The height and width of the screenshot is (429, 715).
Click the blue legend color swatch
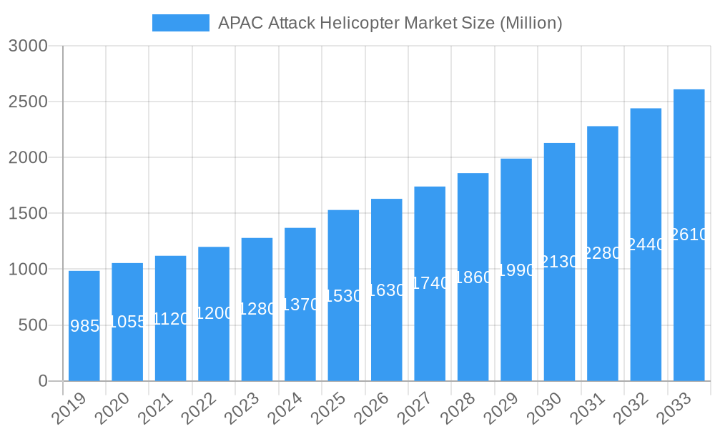(x=180, y=23)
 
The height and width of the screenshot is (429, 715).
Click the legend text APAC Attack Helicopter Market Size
(x=390, y=23)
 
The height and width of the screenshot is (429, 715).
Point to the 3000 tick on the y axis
(x=28, y=46)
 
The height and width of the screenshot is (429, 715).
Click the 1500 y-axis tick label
(x=28, y=213)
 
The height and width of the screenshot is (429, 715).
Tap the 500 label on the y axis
(x=33, y=325)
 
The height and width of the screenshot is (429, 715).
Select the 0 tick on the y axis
(x=43, y=381)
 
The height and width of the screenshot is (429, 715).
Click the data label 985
(x=84, y=326)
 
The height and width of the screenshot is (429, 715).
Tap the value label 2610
(x=689, y=235)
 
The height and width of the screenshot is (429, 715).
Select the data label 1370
(x=300, y=305)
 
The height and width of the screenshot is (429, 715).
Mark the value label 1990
(x=516, y=270)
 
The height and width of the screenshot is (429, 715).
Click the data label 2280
(x=603, y=253)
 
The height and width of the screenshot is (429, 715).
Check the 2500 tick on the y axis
(x=28, y=102)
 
